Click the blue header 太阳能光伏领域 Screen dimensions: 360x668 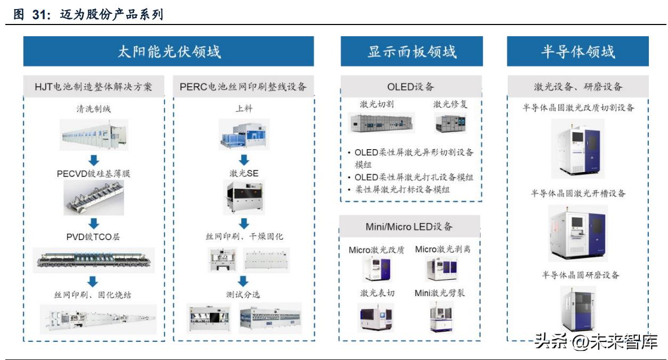point(168,52)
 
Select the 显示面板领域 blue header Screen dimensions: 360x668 point(411,52)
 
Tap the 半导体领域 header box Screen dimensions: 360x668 point(578,52)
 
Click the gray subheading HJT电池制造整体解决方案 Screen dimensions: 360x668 point(94,86)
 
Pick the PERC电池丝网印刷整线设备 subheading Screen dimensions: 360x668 point(243,86)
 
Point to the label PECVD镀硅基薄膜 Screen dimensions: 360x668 point(94,173)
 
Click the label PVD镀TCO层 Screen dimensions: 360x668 point(94,236)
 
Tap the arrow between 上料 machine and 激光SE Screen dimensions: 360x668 point(243,159)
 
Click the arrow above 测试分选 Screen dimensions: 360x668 point(243,281)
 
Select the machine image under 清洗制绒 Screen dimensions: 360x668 point(94,134)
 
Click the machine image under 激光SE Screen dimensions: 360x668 point(243,197)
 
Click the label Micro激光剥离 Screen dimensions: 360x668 point(442,249)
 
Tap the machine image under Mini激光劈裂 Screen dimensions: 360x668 point(442,316)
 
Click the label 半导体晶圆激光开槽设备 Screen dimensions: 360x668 point(578,193)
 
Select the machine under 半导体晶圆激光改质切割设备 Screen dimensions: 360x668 point(578,148)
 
